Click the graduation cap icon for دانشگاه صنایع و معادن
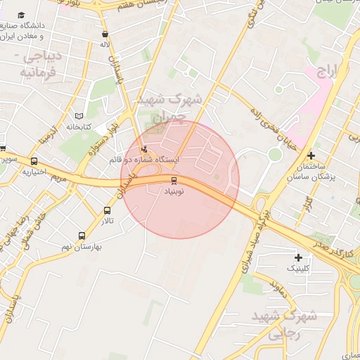pyautogui.click(x=22, y=15)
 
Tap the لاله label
pyautogui.click(x=105, y=44)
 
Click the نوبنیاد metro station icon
pyautogui.click(x=174, y=180)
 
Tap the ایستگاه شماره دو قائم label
pyautogui.click(x=144, y=160)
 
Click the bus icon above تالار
pyautogui.click(x=107, y=210)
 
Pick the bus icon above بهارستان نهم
pyautogui.click(x=82, y=236)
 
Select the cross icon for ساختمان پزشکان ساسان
pyautogui.click(x=311, y=155)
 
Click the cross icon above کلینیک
pyautogui.click(x=298, y=257)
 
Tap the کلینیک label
pyautogui.click(x=297, y=268)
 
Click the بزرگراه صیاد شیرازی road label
pyautogui.click(x=252, y=243)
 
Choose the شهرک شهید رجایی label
pyautogui.click(x=295, y=324)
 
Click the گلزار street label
pyautogui.click(x=307, y=205)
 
